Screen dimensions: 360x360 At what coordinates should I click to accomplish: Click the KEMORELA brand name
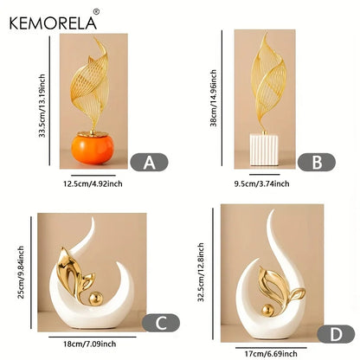tap(53, 23)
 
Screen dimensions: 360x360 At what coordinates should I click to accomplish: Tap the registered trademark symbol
tap(97, 12)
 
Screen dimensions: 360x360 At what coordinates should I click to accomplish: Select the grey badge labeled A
tap(149, 162)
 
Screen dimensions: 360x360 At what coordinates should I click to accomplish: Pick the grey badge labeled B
tap(317, 162)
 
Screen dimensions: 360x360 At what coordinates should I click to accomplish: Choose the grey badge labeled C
tap(161, 323)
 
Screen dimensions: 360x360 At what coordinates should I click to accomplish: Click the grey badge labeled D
tap(336, 334)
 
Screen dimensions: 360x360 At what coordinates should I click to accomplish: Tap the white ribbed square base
tap(264, 150)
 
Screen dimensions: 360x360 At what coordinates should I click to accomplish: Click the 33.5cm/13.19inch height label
tap(42, 106)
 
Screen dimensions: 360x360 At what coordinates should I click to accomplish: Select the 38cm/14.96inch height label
tap(213, 98)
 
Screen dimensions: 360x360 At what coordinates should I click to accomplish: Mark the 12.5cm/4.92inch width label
tap(93, 183)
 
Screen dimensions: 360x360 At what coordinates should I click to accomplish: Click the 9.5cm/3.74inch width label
tap(261, 183)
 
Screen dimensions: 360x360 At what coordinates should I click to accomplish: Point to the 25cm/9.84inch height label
tap(21, 272)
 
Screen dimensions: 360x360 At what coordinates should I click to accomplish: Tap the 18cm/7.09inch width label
tap(90, 344)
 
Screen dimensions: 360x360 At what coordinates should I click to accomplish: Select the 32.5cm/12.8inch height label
tap(201, 272)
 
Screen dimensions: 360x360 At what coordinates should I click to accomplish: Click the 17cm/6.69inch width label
tap(271, 353)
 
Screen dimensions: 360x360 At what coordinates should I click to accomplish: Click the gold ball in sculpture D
tap(267, 311)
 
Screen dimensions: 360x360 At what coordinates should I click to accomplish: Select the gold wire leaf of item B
tap(268, 84)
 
